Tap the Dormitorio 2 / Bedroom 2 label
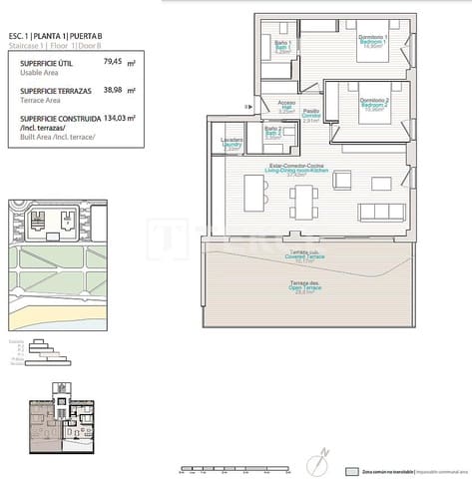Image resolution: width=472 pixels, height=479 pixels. (373, 103)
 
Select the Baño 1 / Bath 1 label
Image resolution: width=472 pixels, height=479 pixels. (282, 47)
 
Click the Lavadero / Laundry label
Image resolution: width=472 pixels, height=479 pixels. (233, 145)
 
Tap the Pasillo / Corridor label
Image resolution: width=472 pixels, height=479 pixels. (311, 115)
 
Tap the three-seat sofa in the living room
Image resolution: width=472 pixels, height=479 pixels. (379, 210)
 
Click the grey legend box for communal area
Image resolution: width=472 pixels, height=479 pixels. (350, 470)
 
